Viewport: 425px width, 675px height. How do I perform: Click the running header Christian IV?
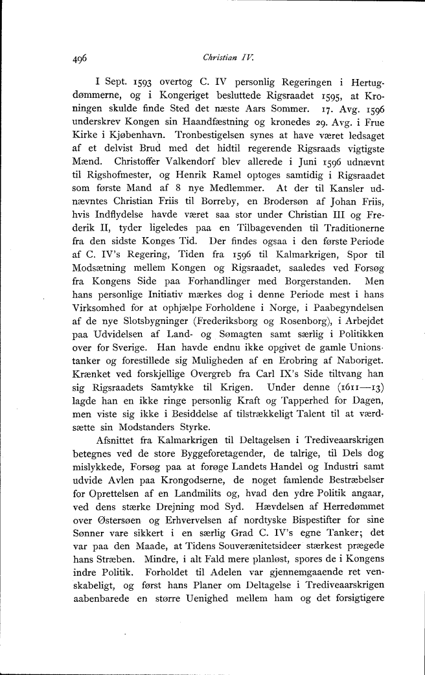click(224, 56)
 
